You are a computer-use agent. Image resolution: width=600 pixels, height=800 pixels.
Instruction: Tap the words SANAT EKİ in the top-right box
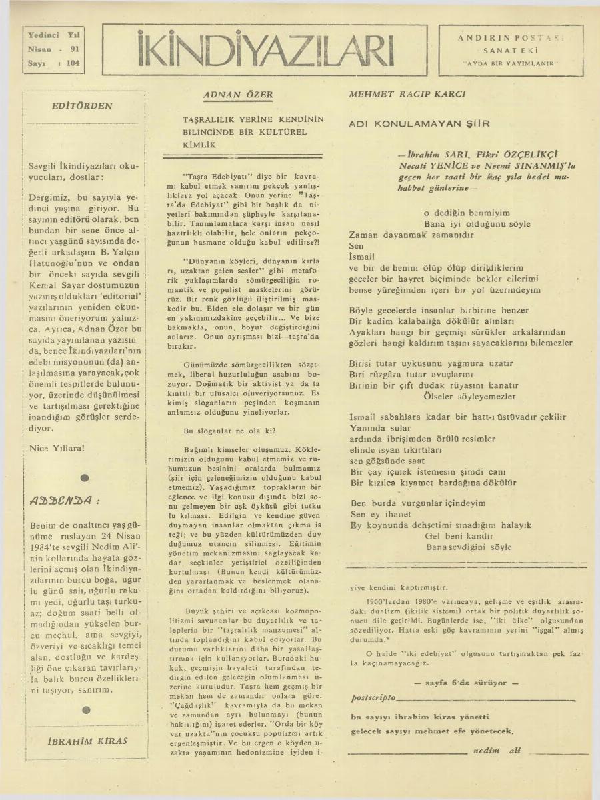click(510, 51)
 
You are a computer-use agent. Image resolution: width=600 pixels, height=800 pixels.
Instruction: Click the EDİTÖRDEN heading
click(82, 106)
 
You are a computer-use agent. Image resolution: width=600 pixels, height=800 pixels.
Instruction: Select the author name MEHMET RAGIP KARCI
click(407, 95)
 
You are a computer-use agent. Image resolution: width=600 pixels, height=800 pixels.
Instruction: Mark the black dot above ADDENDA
click(85, 477)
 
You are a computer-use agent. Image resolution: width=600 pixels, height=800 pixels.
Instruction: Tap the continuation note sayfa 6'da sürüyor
click(461, 683)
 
